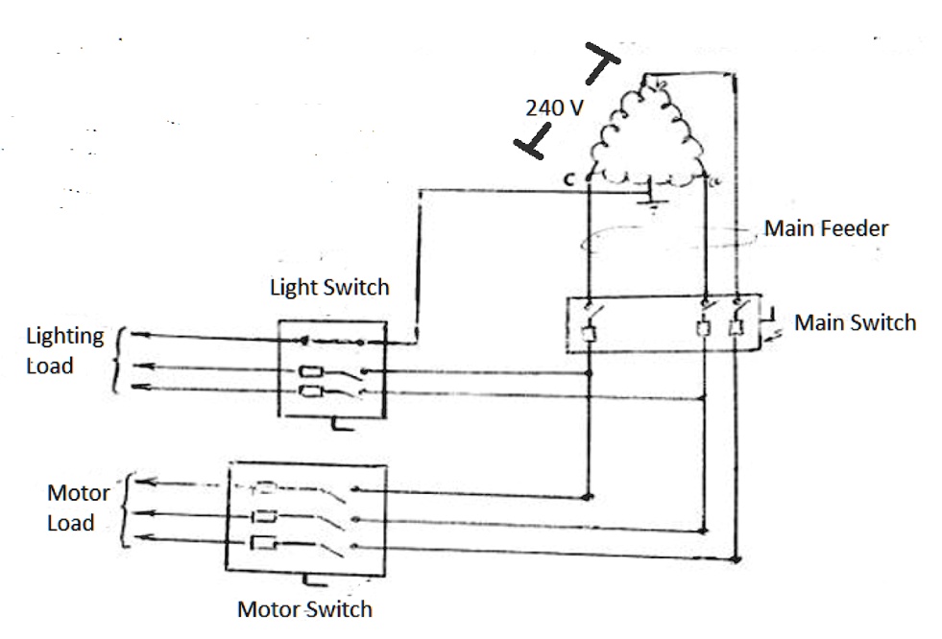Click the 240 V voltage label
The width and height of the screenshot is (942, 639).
(554, 107)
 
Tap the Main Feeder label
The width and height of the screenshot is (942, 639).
(826, 229)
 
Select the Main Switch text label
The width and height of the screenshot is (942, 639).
(855, 322)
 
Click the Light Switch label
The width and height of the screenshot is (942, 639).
(329, 287)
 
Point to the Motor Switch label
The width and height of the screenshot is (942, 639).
(304, 609)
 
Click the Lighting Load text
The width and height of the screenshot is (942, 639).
(64, 350)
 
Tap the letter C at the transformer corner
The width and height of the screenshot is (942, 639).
(569, 178)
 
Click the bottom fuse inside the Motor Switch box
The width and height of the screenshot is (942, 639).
(263, 544)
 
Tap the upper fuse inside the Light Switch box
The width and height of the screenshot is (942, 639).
(311, 372)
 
